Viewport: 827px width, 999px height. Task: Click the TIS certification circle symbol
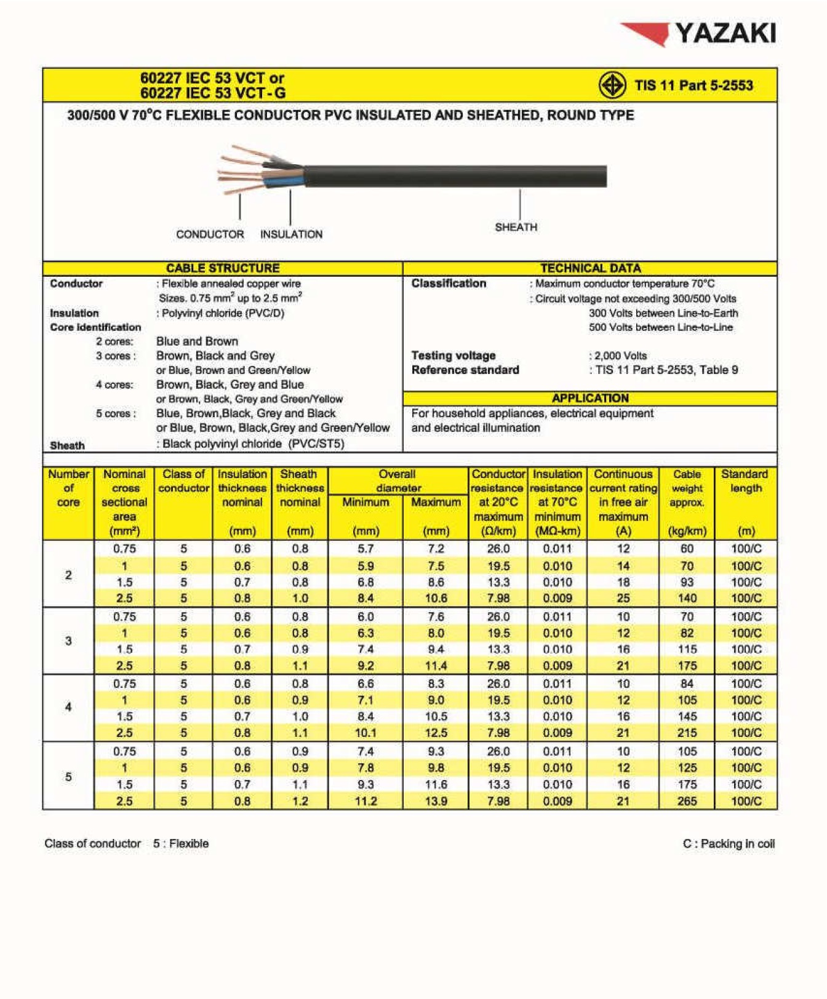click(612, 86)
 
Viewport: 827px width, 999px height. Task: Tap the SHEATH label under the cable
click(516, 227)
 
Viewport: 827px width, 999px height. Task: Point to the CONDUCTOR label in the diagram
click(210, 234)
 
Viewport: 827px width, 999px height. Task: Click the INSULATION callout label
click(291, 234)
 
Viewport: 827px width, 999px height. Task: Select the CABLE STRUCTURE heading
click(223, 268)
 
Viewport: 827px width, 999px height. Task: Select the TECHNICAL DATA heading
click(590, 268)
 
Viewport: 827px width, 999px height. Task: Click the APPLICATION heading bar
click(590, 398)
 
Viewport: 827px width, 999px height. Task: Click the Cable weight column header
click(687, 488)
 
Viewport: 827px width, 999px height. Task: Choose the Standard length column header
click(745, 481)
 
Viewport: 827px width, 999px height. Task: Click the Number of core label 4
click(68, 707)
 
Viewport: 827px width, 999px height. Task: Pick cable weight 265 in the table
click(687, 801)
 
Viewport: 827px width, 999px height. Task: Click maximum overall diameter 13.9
click(436, 801)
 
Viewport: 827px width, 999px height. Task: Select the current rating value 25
click(623, 598)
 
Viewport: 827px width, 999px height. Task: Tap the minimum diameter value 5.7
click(366, 549)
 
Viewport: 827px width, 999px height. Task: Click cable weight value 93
click(687, 582)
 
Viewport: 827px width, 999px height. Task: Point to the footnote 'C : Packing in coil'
click(729, 843)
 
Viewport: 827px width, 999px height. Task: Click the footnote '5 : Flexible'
click(180, 843)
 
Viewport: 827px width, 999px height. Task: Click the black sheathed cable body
click(455, 176)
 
